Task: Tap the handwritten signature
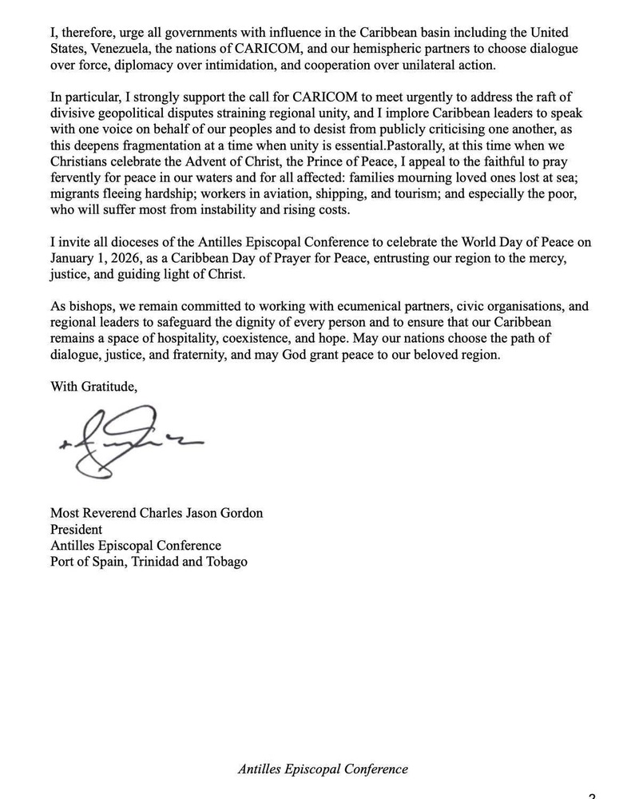(x=128, y=444)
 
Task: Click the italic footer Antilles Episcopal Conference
(x=323, y=769)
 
